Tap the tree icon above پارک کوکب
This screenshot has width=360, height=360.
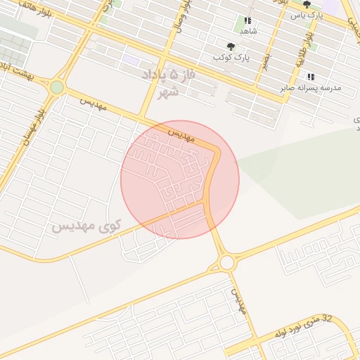(231, 46)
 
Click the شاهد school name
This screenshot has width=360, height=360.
(248, 32)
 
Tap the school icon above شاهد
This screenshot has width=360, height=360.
(247, 22)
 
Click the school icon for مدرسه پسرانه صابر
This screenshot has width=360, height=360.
(311, 77)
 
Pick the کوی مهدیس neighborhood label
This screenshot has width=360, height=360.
(87, 226)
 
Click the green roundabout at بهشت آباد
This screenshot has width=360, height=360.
(57, 87)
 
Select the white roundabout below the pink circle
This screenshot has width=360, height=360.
(226, 262)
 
